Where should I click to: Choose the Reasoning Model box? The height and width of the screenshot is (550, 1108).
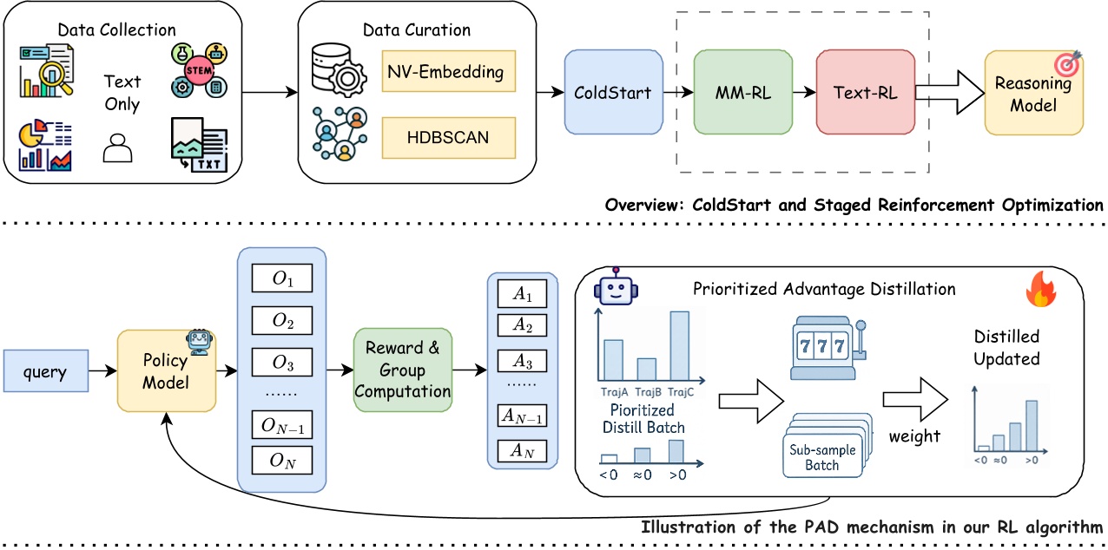1033,94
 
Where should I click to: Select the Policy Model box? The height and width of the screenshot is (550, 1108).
166,371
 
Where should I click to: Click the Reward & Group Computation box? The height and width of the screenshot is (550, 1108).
402,371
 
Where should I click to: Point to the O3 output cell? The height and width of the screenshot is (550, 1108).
281,359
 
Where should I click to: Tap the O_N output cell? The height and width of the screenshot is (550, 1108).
281,461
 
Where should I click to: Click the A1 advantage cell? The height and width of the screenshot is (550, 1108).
523,296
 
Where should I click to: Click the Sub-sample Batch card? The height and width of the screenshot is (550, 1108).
821,456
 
